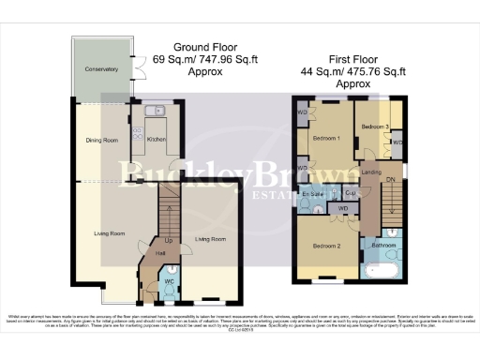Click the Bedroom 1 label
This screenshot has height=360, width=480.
click(x=324, y=139)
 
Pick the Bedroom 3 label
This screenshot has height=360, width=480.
click(x=373, y=126)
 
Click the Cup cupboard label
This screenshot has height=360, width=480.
click(x=348, y=192)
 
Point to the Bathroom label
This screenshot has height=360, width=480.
click(x=382, y=245)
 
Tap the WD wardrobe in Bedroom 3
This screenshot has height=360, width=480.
click(x=397, y=142)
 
